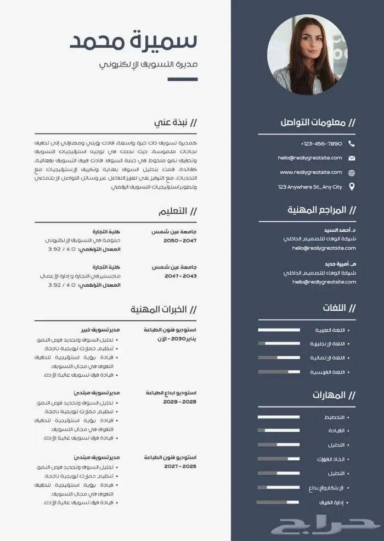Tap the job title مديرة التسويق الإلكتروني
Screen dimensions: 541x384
148,65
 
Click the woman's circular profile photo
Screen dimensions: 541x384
307,55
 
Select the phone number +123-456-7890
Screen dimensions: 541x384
321,143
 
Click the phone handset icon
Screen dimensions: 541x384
352,143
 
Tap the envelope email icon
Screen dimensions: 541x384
352,158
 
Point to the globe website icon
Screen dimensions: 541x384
352,172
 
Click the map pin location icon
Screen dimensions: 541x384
352,187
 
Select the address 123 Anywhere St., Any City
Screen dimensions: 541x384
310,187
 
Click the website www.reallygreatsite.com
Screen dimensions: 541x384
311,172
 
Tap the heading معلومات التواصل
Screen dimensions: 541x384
313,122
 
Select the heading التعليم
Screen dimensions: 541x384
173,211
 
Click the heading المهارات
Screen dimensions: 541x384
329,395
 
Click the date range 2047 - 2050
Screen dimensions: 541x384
180,241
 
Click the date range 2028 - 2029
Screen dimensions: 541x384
180,402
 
